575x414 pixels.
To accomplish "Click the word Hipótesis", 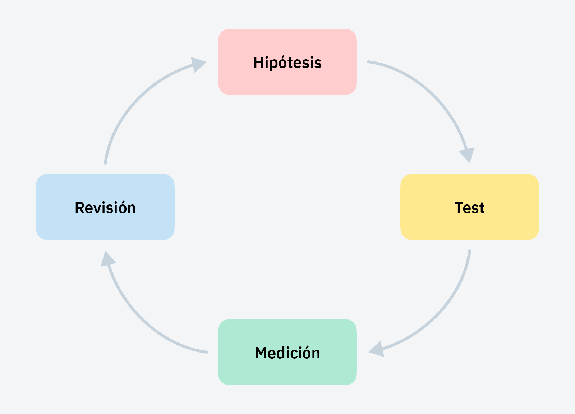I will pos(287,63).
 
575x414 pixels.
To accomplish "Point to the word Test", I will pos(469,208).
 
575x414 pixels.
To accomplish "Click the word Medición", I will pos(287,353).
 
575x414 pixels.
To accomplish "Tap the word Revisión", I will pos(105,208).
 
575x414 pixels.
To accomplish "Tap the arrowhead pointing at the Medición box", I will pos(377,350).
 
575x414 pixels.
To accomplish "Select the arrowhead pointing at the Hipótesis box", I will pos(197,64).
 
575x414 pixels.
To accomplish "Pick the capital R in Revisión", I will pos(79,208).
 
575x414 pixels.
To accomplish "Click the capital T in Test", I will pos(459,208).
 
